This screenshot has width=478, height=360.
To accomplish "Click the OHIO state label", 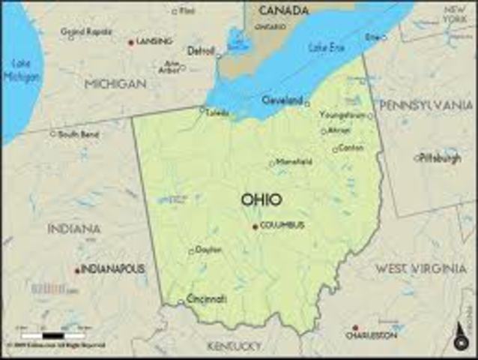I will [261, 199].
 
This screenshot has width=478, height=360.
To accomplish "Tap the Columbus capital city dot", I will [255, 226].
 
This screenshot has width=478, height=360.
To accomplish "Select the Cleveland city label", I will [282, 100].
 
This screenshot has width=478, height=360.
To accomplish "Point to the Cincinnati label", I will [206, 298].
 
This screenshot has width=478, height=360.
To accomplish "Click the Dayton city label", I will [208, 250].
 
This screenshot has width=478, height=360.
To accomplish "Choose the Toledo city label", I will [217, 113].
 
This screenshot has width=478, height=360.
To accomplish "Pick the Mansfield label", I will [294, 161].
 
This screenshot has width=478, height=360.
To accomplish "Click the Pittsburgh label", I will [440, 157].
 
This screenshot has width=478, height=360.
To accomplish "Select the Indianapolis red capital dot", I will [76, 270].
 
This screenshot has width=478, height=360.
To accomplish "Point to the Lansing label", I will [154, 41].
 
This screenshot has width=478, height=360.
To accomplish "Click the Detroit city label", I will [201, 51].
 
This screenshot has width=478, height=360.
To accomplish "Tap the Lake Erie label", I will [326, 48].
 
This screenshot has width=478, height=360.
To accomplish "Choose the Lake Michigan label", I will [21, 70].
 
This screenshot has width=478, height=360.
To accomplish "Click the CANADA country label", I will [284, 10].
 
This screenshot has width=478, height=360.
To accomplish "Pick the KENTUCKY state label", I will [235, 346].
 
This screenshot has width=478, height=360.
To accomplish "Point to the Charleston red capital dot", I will [355, 328].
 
